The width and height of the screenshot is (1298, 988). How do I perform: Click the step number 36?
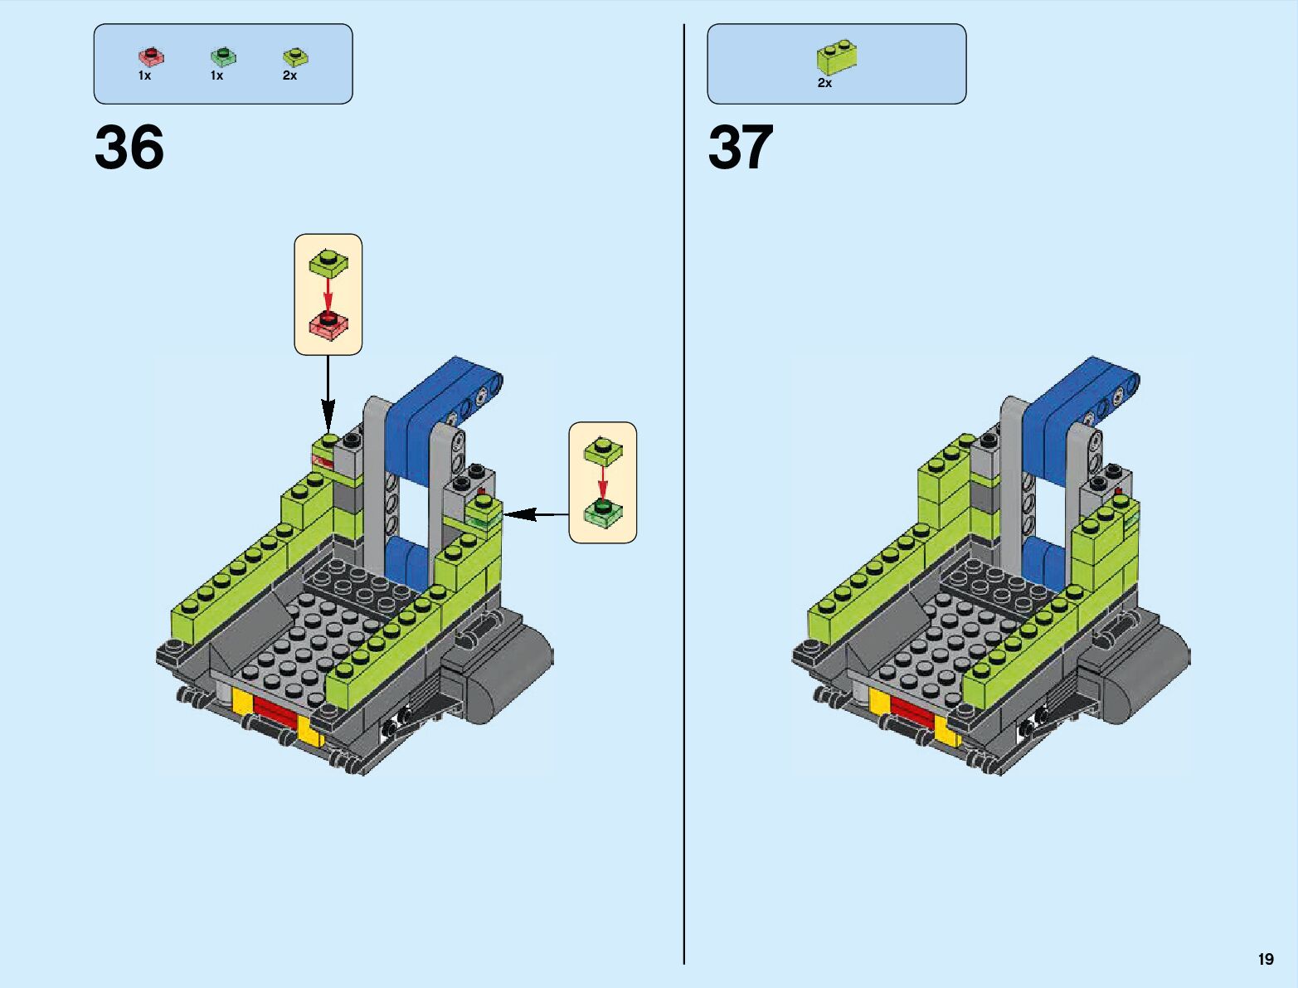(x=129, y=148)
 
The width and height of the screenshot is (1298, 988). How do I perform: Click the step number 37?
(x=740, y=148)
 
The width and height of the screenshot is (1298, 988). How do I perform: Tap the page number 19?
(x=1265, y=959)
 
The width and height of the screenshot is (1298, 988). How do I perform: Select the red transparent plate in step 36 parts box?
(x=151, y=56)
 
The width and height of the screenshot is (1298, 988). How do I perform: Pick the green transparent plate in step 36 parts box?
(x=223, y=56)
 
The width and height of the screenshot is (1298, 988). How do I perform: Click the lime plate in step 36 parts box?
(x=295, y=56)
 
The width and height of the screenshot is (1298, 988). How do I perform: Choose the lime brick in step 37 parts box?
(x=837, y=56)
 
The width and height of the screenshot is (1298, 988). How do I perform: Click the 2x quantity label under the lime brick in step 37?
(x=824, y=83)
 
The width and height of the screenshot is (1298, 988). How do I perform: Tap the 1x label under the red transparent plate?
(x=144, y=75)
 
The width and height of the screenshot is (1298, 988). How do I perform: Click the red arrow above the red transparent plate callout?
(x=328, y=294)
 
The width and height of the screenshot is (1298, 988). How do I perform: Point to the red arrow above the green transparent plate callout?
(x=603, y=482)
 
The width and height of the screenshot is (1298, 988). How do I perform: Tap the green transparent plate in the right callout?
(x=603, y=513)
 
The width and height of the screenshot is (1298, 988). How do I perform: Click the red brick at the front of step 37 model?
(x=912, y=710)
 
